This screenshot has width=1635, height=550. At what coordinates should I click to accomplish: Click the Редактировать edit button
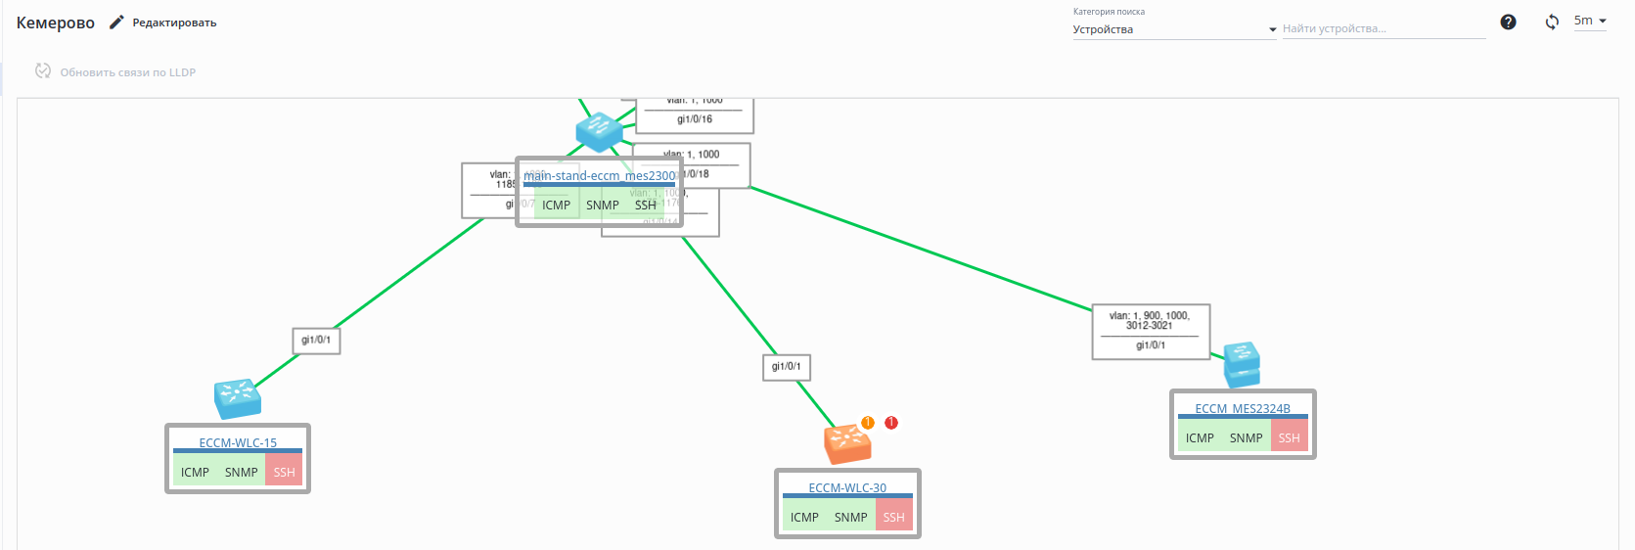pyautogui.click(x=163, y=23)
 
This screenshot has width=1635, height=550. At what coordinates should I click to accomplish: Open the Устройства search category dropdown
pyautogui.click(x=1173, y=29)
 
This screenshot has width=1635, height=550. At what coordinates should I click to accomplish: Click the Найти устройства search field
pyautogui.click(x=1383, y=29)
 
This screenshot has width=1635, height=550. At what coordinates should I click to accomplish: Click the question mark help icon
pyautogui.click(x=1508, y=22)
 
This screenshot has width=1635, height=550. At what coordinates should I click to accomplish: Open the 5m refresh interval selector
pyautogui.click(x=1589, y=21)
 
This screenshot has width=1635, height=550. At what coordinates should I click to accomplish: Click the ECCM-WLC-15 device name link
pyautogui.click(x=238, y=442)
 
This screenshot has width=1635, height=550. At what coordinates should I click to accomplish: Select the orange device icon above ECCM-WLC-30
pyautogui.click(x=846, y=444)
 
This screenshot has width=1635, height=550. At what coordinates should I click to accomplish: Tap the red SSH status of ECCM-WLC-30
pyautogui.click(x=893, y=517)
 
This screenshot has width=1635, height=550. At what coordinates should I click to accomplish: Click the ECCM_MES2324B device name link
pyautogui.click(x=1242, y=408)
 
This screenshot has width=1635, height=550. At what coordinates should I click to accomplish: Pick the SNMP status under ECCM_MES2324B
pyautogui.click(x=1246, y=437)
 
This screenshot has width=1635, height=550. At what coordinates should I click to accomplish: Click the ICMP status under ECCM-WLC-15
pyautogui.click(x=195, y=472)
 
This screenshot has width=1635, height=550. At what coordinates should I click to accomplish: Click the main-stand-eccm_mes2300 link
pyautogui.click(x=599, y=176)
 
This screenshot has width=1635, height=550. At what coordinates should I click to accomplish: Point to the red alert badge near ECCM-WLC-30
pyautogui.click(x=890, y=423)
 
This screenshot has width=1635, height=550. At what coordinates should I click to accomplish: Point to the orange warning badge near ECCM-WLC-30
pyautogui.click(x=867, y=423)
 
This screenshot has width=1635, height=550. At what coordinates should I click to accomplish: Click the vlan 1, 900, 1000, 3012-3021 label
pyautogui.click(x=1150, y=320)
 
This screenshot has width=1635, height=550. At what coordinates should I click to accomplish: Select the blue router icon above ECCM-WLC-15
pyautogui.click(x=237, y=397)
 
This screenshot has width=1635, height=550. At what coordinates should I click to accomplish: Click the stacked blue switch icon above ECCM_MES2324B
pyautogui.click(x=1242, y=364)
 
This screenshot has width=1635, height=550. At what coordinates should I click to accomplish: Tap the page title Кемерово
pyautogui.click(x=56, y=23)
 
